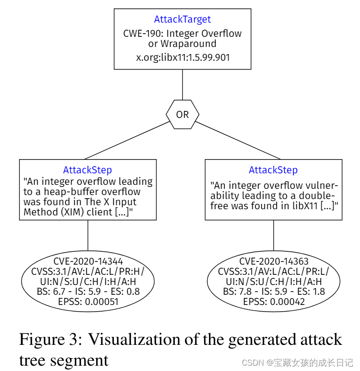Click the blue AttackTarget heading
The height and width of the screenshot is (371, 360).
coord(182,20)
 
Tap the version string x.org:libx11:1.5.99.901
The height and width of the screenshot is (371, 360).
coord(182,57)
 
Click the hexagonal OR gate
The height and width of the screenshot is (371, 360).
coord(182,114)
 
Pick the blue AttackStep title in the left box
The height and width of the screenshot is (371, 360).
coord(88,170)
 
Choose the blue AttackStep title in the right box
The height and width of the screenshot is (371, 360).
coord(273,170)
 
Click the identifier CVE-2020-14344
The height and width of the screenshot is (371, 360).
coord(88,261)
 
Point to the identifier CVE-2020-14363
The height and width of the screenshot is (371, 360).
coord(274,261)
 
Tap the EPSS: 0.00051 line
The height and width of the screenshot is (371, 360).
coord(88,302)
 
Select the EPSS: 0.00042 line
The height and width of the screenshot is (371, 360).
coord(274,302)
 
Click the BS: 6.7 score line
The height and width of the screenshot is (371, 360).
coord(88,292)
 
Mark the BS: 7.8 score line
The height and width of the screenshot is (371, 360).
coord(274,292)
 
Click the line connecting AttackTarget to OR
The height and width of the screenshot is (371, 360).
coord(182,84)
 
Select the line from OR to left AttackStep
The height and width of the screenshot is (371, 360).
coord(128,140)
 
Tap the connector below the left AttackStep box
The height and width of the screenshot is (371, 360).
coord(88,235)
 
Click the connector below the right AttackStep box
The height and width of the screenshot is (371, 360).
coord(273,235)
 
